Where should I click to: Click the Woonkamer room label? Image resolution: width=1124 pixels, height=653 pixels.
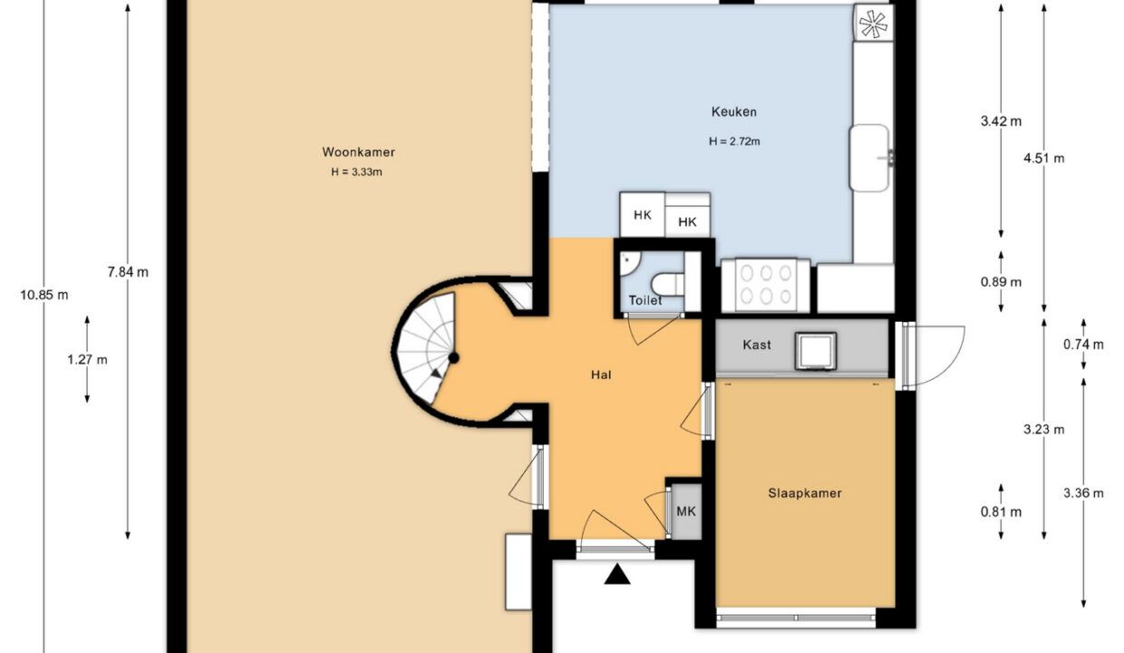pyautogui.click(x=358, y=152)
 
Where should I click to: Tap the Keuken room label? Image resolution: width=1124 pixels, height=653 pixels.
pyautogui.click(x=733, y=112)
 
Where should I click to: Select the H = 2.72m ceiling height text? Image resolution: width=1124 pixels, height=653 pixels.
pyautogui.click(x=734, y=141)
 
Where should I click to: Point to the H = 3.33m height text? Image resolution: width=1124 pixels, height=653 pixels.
pyautogui.click(x=356, y=172)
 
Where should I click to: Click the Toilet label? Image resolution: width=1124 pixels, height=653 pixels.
pyautogui.click(x=645, y=300)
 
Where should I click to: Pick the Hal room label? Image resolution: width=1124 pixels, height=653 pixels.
pyautogui.click(x=601, y=375)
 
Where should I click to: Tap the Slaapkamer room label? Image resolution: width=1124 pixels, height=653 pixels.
pyautogui.click(x=804, y=493)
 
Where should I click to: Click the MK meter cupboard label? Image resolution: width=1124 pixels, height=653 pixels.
pyautogui.click(x=686, y=512)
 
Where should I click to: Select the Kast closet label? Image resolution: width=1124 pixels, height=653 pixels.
pyautogui.click(x=757, y=345)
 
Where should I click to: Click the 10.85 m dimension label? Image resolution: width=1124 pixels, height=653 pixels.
pyautogui.click(x=44, y=295)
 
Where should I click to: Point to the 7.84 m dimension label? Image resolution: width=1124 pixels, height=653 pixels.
pyautogui.click(x=128, y=272)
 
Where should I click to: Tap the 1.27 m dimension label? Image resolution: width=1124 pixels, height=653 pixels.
pyautogui.click(x=87, y=360)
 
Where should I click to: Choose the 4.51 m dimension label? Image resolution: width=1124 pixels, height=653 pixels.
pyautogui.click(x=1043, y=158)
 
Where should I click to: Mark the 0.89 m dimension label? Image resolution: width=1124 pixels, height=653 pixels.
pyautogui.click(x=1001, y=282)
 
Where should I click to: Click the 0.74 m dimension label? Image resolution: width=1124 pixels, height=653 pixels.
pyautogui.click(x=1083, y=345)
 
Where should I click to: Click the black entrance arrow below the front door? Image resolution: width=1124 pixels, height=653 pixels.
pyautogui.click(x=617, y=574)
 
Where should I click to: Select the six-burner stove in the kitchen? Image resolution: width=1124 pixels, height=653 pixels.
pyautogui.click(x=766, y=285)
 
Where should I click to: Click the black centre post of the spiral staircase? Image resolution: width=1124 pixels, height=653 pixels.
pyautogui.click(x=453, y=358)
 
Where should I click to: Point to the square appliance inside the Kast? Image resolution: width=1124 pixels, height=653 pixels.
pyautogui.click(x=816, y=351)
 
